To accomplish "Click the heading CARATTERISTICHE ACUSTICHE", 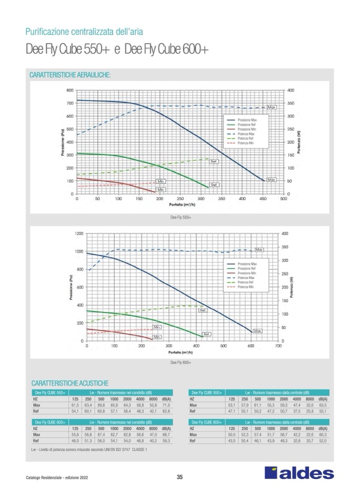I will click(70, 382).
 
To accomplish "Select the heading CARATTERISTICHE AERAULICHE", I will click(70, 76).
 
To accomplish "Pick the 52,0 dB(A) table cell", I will click(323, 440).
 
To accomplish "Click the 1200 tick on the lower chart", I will click(78, 233).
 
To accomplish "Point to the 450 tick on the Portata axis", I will click(262, 198).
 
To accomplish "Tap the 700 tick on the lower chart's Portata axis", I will click(279, 345).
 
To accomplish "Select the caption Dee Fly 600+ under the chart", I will click(180, 363).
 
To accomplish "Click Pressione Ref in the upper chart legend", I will click(247, 125).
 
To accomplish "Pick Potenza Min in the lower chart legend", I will click(246, 287).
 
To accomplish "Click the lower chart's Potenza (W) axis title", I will click(292, 287).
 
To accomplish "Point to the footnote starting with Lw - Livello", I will click(89, 449).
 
